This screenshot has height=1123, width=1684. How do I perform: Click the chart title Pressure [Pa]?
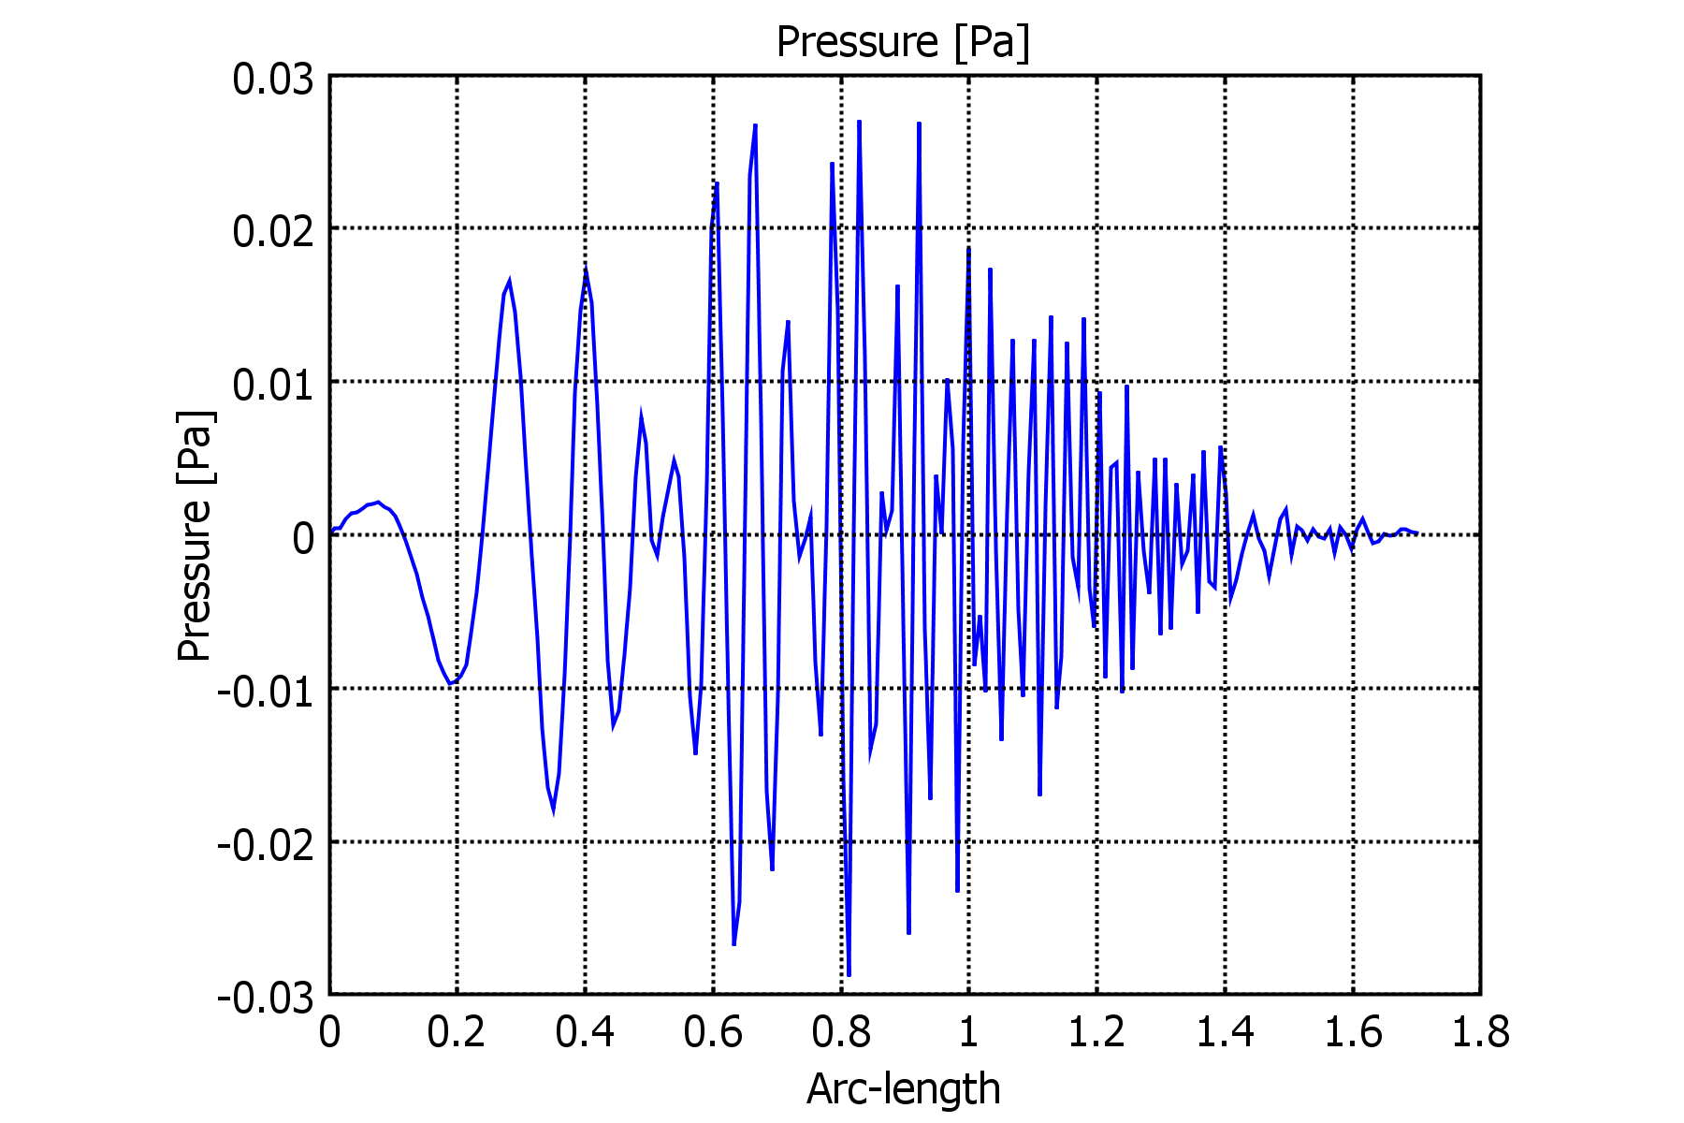903,42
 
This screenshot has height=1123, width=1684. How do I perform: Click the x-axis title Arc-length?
903,1088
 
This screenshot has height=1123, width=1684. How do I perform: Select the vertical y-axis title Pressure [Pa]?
195,535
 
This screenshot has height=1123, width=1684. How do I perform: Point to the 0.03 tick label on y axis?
272,80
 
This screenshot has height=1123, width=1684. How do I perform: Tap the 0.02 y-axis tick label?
272,231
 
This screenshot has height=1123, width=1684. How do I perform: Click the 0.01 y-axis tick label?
272,385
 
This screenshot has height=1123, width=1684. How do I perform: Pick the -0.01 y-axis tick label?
266,692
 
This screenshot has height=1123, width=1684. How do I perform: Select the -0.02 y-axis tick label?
266,845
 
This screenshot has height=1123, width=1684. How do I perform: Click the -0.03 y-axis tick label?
266,999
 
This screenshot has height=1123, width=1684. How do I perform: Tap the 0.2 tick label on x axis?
457,1033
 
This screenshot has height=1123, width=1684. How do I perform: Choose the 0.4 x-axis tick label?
585,1033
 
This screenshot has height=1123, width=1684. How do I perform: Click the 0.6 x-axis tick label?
713,1033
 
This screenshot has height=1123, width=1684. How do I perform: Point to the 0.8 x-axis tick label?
841,1033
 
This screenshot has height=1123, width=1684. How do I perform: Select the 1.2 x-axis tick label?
1096,1033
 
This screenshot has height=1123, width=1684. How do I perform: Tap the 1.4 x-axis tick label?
1225,1033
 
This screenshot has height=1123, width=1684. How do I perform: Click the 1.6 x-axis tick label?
1353,1033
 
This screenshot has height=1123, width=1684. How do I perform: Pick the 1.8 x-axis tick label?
1480,1033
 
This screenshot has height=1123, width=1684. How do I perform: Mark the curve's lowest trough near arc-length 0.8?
849,975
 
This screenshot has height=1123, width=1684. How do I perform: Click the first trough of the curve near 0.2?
450,683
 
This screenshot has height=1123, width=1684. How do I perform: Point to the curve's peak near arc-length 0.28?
509,281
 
